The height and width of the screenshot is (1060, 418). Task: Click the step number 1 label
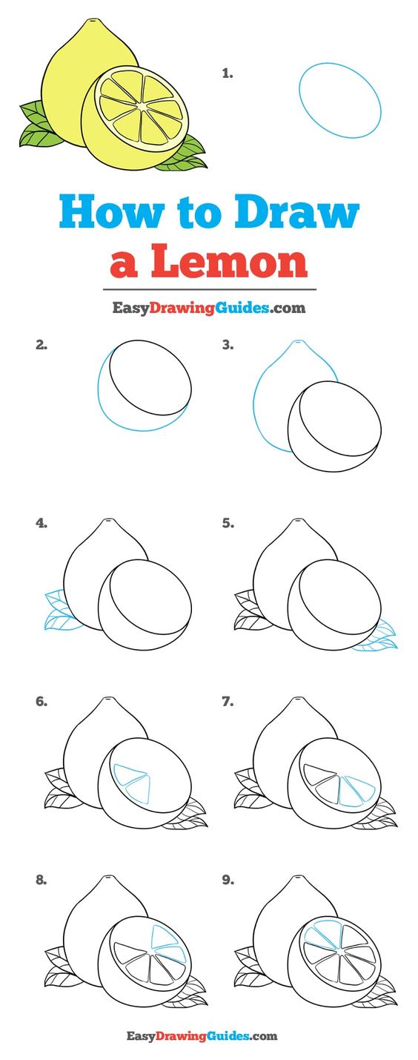pos(228,73)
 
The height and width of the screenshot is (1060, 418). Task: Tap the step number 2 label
pos(42,345)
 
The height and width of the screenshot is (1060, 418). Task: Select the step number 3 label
pos(228,345)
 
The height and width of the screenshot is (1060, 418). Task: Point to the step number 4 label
pos(42,523)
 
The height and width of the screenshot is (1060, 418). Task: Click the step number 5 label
pos(228,523)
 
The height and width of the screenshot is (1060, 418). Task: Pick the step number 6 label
pos(42,701)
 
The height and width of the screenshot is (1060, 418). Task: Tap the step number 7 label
pos(228,701)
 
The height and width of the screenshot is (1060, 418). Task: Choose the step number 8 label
pos(42,880)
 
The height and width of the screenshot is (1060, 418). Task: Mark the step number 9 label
pos(228,880)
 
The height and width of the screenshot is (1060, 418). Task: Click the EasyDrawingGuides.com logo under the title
pos(208,308)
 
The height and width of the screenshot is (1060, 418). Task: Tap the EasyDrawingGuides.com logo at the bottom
pos(202,1036)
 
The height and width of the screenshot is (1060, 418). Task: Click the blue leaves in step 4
pos(62,610)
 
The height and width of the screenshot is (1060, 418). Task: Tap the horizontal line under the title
pos(210,289)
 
